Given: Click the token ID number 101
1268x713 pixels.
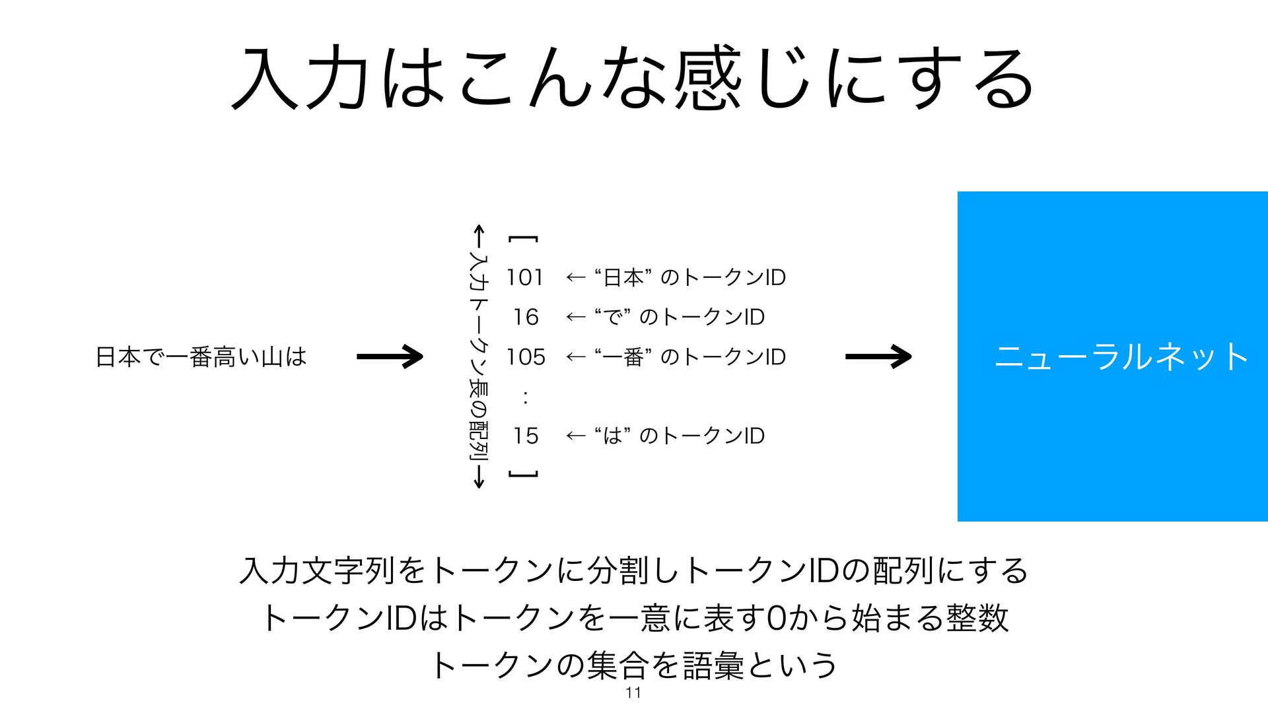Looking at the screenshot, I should tap(525, 277).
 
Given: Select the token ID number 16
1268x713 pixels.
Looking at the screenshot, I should tap(526, 317).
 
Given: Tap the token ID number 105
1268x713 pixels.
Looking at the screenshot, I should tap(526, 357).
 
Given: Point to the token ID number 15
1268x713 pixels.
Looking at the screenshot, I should tap(526, 436).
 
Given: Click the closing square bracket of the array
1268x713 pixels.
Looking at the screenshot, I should tap(524, 474).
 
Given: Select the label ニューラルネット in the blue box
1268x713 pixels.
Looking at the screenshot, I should tap(1121, 357).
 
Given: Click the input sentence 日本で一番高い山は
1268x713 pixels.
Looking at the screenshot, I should tap(201, 357).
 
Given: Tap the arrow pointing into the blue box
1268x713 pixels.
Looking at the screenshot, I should tap(878, 356).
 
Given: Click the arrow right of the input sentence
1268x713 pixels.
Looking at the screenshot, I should tap(390, 356).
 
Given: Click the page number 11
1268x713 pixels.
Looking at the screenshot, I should tap(633, 693).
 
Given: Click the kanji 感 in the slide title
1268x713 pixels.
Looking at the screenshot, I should tap(707, 78).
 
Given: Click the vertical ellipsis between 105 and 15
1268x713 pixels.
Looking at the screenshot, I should tap(525, 397).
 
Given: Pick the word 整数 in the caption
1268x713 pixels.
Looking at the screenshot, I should tap(977, 618).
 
